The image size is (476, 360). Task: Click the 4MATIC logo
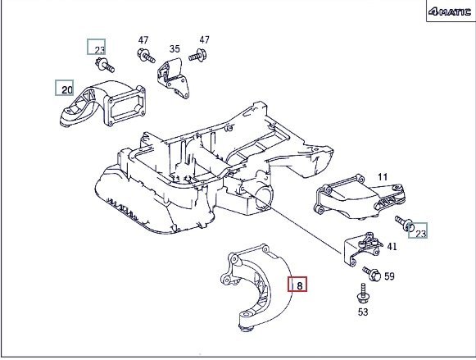pyautogui.click(x=450, y=11)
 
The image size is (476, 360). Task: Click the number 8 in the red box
pyautogui.click(x=300, y=285)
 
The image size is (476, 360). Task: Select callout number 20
pyautogui.click(x=67, y=89)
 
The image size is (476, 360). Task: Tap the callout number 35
pyautogui.click(x=175, y=48)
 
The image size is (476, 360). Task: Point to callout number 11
pyautogui.click(x=383, y=177)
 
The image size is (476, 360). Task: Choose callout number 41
pyautogui.click(x=392, y=246)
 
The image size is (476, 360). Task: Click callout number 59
pyautogui.click(x=389, y=276)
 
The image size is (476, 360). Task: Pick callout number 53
pyautogui.click(x=363, y=312)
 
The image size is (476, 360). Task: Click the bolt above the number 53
pyautogui.click(x=363, y=294)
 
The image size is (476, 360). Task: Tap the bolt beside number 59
pyautogui.click(x=372, y=273)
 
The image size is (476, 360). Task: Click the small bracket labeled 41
pyautogui.click(x=362, y=249)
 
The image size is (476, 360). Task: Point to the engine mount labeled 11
pyautogui.click(x=360, y=197)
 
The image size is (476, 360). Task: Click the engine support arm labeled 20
pyautogui.click(x=102, y=103)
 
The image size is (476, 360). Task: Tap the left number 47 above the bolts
pyautogui.click(x=143, y=40)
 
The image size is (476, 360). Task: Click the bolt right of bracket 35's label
pyautogui.click(x=198, y=56)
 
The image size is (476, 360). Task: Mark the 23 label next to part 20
pyautogui.click(x=99, y=50)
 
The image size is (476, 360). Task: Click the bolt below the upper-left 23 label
pyautogui.click(x=105, y=65)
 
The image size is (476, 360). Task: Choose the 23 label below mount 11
pyautogui.click(x=421, y=234)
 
